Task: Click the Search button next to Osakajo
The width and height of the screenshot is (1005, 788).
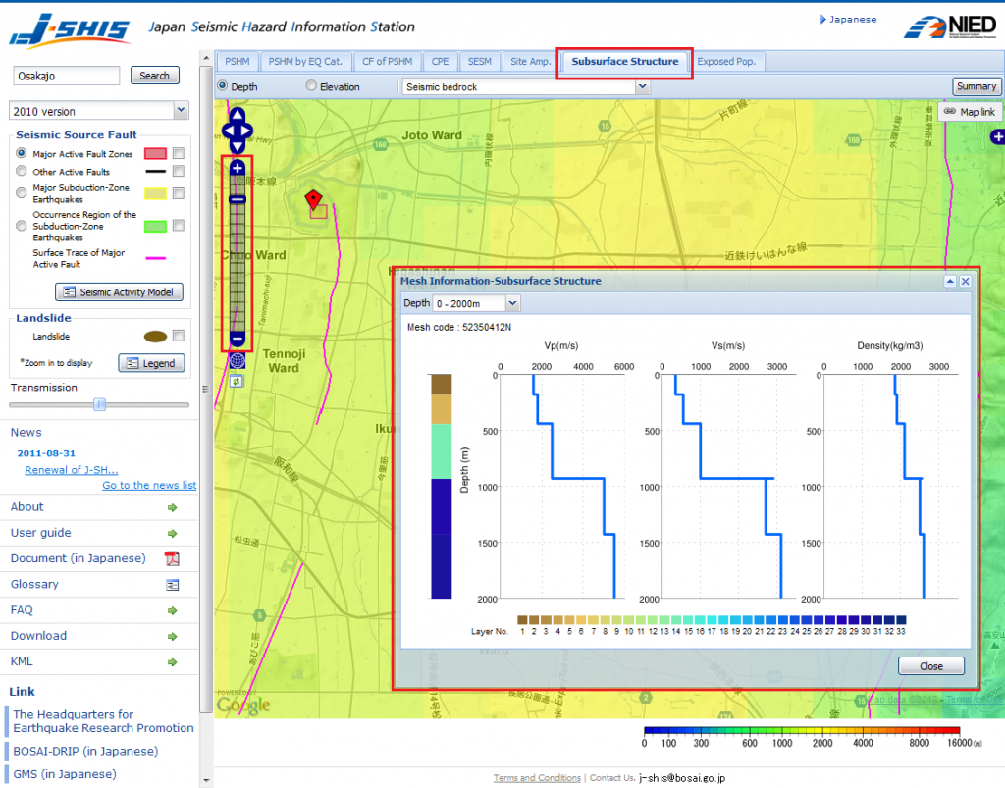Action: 154,76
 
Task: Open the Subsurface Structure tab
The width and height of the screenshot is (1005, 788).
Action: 625,62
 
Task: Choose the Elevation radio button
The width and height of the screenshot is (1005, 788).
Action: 312,86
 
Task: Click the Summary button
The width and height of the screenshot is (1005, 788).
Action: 976,86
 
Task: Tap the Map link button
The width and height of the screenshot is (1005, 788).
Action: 970,112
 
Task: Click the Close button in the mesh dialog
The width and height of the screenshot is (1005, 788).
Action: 930,666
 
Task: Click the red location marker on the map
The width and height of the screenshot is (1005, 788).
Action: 313,199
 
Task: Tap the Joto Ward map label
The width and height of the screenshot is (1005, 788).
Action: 432,135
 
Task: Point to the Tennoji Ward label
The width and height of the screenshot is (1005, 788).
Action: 284,360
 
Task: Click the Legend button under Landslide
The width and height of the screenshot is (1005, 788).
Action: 151,363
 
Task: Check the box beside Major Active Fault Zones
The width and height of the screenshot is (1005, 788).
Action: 178,153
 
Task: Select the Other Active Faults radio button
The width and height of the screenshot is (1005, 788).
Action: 22,172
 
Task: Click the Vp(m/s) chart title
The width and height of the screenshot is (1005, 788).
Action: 560,346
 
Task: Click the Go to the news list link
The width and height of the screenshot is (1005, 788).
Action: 149,486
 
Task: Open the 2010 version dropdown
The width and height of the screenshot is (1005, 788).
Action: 98,111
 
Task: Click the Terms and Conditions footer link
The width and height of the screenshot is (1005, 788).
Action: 537,778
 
